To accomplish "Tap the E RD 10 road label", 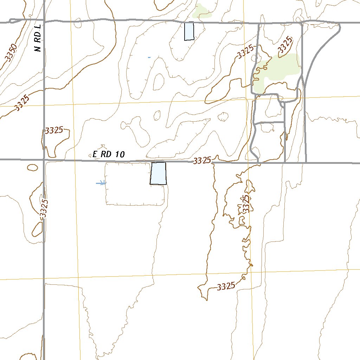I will (109, 154).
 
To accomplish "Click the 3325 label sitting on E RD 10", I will (202, 161).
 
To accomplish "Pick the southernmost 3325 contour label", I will (226, 287).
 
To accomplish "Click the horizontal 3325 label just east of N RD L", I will (54, 130).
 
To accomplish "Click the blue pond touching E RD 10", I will (158, 173).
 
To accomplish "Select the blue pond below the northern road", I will (189, 31).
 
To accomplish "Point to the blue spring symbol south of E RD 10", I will (101, 182).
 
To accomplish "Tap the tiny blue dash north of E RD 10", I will (149, 57).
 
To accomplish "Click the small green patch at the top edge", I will (201, 12).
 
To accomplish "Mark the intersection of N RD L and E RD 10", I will (44, 160).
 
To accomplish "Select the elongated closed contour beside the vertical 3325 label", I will (36, 229).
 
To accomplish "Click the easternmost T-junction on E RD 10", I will (306, 163).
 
